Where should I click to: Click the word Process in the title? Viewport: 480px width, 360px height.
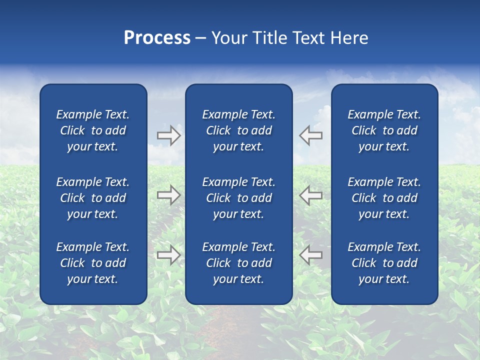tap(157, 38)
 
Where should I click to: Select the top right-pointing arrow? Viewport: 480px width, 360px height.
tap(168, 135)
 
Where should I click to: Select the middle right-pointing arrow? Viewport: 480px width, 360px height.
tap(168, 195)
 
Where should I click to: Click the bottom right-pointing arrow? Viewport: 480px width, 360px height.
tap(168, 254)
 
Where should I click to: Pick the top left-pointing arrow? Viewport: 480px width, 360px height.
tap(311, 135)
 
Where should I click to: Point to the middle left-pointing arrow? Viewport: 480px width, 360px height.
tap(311, 195)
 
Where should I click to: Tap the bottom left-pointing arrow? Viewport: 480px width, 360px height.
tap(311, 254)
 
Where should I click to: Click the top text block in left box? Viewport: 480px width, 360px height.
tap(93, 130)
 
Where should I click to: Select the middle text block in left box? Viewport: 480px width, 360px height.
tap(93, 198)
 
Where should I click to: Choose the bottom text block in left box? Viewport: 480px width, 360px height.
tap(93, 263)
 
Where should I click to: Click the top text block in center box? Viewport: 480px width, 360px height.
tap(238, 130)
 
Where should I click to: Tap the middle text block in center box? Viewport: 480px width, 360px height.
tap(238, 198)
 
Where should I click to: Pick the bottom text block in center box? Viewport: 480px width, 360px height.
tap(238, 263)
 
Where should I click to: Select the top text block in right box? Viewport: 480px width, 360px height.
tap(384, 130)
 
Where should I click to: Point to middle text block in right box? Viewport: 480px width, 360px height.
tap(384, 198)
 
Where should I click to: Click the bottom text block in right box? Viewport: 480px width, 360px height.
tap(384, 263)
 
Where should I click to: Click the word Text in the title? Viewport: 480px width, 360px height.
tap(308, 38)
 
